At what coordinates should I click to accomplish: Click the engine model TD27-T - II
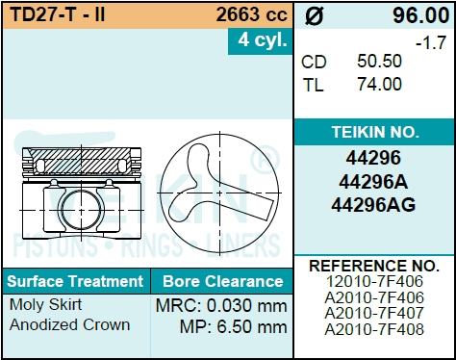(x=58, y=14)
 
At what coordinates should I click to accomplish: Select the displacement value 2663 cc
(x=251, y=14)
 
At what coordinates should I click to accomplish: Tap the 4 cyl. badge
(x=262, y=40)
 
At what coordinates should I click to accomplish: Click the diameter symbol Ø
(x=314, y=16)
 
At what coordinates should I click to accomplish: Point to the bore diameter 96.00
(x=420, y=15)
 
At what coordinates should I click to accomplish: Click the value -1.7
(x=431, y=42)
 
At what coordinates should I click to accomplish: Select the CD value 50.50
(x=379, y=61)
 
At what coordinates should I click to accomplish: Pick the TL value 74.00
(x=379, y=85)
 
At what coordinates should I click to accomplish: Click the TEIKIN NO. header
(x=375, y=132)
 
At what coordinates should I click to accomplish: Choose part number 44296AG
(x=373, y=205)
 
